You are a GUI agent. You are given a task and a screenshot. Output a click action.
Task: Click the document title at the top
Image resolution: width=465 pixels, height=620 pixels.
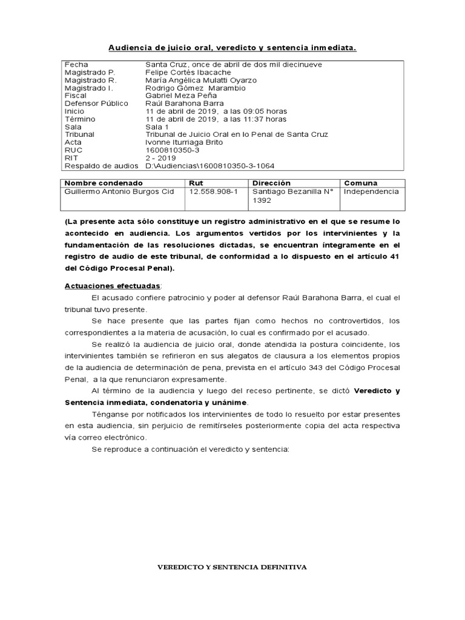pos(232,47)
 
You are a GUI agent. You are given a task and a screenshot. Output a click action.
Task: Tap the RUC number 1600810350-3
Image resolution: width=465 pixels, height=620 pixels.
pos(172,150)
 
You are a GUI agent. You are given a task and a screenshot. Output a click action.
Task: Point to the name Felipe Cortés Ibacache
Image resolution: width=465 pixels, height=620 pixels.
pos(188,72)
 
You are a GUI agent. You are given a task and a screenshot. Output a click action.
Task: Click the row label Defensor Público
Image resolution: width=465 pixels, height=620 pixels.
pos(96,104)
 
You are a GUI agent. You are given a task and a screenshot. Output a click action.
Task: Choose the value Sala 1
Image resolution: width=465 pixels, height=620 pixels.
pos(157,127)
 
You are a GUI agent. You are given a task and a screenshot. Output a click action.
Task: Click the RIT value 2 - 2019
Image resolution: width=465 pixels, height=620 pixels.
pos(161,158)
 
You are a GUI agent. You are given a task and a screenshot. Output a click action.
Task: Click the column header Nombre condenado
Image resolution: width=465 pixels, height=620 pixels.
pos(104,183)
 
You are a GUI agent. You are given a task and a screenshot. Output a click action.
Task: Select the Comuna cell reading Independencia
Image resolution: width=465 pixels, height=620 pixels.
pos(372,191)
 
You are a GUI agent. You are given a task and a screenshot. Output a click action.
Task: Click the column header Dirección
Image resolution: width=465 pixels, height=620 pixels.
pos(271,183)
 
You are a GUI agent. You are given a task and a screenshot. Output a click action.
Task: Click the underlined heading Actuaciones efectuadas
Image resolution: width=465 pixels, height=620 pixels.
pos(113,285)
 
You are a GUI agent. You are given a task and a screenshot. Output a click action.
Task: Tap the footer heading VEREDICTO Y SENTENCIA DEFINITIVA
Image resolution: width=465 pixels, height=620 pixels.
pos(232,567)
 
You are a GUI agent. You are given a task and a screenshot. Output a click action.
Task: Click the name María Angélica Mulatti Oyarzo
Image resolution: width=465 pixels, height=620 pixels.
pos(201,80)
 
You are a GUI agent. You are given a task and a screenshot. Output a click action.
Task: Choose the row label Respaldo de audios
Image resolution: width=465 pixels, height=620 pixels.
pos(101,166)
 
